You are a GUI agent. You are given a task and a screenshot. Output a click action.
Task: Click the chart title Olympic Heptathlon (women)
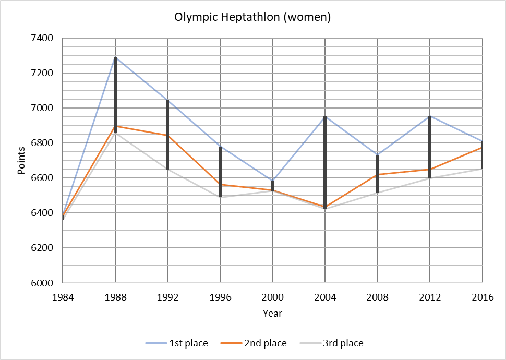253,17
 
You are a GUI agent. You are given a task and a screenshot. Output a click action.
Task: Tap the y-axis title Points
21,160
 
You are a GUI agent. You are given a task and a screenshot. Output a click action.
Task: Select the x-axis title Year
272,314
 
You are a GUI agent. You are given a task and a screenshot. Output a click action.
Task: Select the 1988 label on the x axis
115,297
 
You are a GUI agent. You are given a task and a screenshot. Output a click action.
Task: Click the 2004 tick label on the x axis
325,297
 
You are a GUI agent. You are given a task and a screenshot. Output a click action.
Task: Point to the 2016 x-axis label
482,297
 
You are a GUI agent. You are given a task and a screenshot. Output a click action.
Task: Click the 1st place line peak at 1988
115,57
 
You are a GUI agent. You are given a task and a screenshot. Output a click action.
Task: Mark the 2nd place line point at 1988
115,126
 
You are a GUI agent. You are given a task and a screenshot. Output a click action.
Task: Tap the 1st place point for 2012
430,116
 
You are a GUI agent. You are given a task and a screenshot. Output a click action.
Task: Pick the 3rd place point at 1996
220,197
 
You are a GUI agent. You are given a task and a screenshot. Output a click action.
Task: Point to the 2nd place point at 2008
378,174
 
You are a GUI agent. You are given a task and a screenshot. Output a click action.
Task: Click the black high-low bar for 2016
482,154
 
